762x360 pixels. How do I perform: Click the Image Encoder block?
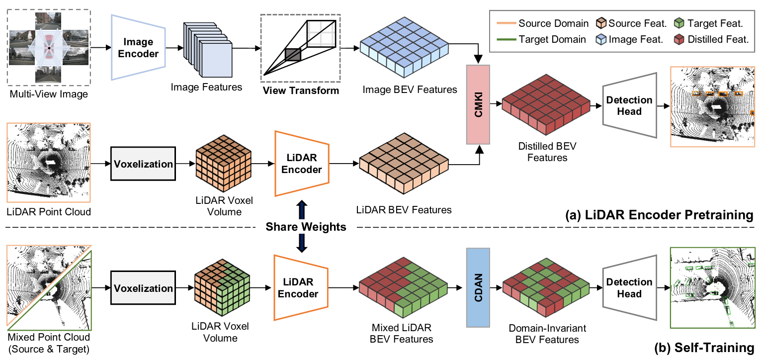click(138, 48)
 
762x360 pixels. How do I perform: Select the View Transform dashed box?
click(301, 48)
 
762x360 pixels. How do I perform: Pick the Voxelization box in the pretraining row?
click(144, 164)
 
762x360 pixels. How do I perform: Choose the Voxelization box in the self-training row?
click(144, 288)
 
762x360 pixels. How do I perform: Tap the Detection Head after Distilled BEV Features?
click(629, 105)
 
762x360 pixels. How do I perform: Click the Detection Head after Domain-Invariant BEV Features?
click(629, 288)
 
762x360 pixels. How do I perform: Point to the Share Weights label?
click(306, 227)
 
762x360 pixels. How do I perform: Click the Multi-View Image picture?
click(49, 48)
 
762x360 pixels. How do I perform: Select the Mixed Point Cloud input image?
click(49, 288)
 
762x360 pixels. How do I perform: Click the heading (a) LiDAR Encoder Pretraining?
click(659, 215)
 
